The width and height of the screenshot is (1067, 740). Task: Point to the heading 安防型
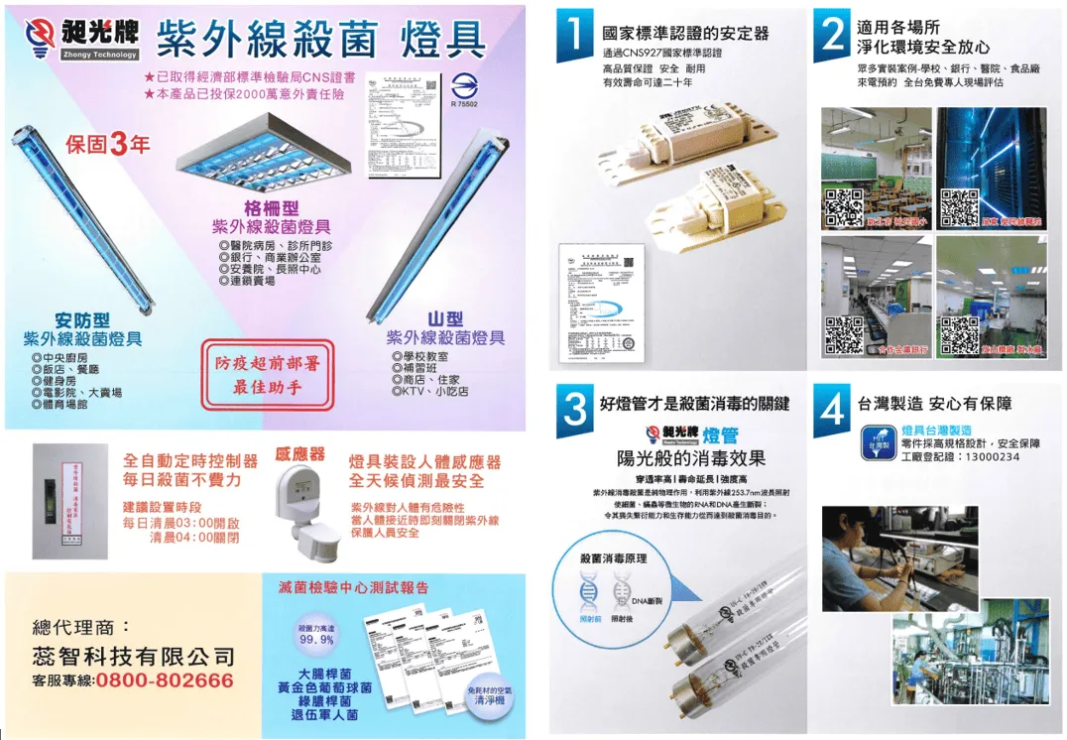point(82,320)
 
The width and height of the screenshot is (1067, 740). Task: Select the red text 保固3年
point(108,145)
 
